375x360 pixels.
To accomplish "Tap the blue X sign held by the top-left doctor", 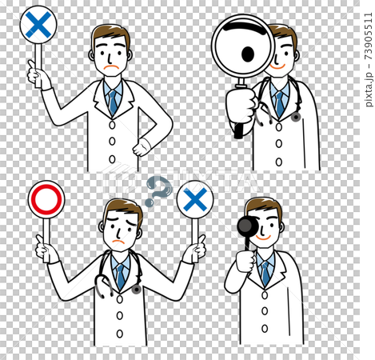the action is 38,25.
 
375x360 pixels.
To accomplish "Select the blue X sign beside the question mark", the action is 195,199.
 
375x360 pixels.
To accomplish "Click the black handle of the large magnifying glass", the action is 239,130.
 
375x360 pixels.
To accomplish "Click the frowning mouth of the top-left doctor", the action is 111,67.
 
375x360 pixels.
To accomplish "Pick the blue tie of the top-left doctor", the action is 113,102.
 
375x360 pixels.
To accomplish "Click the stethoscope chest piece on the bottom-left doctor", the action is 137,290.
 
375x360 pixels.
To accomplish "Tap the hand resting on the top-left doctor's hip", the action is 141,147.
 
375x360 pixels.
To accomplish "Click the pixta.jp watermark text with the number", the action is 369,59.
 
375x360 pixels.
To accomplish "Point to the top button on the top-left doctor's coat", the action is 112,125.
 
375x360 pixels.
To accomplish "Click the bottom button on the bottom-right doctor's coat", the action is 265,329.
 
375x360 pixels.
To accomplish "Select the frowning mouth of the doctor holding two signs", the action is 119,242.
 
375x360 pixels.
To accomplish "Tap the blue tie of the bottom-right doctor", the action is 265,274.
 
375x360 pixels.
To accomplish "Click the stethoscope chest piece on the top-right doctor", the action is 296,117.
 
